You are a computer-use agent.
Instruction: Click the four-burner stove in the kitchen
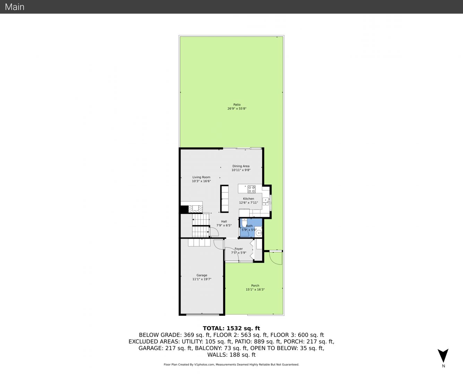251,189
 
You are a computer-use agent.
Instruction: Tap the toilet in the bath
244,223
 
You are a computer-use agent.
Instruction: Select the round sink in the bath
259,233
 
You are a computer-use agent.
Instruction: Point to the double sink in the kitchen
266,201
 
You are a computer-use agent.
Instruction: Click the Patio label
237,105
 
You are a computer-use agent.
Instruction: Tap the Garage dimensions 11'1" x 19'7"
202,279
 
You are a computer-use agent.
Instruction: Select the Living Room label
201,177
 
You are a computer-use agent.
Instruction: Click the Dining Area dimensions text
241,170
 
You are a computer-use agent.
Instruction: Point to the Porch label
255,286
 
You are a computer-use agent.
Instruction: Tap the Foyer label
239,249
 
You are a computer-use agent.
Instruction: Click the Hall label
224,221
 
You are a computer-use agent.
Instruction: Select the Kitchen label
248,199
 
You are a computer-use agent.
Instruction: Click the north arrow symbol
443,356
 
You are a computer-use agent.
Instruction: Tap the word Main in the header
15,7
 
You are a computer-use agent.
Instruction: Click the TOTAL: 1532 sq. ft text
231,328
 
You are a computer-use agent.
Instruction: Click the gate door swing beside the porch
276,258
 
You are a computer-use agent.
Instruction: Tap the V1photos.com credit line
231,365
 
